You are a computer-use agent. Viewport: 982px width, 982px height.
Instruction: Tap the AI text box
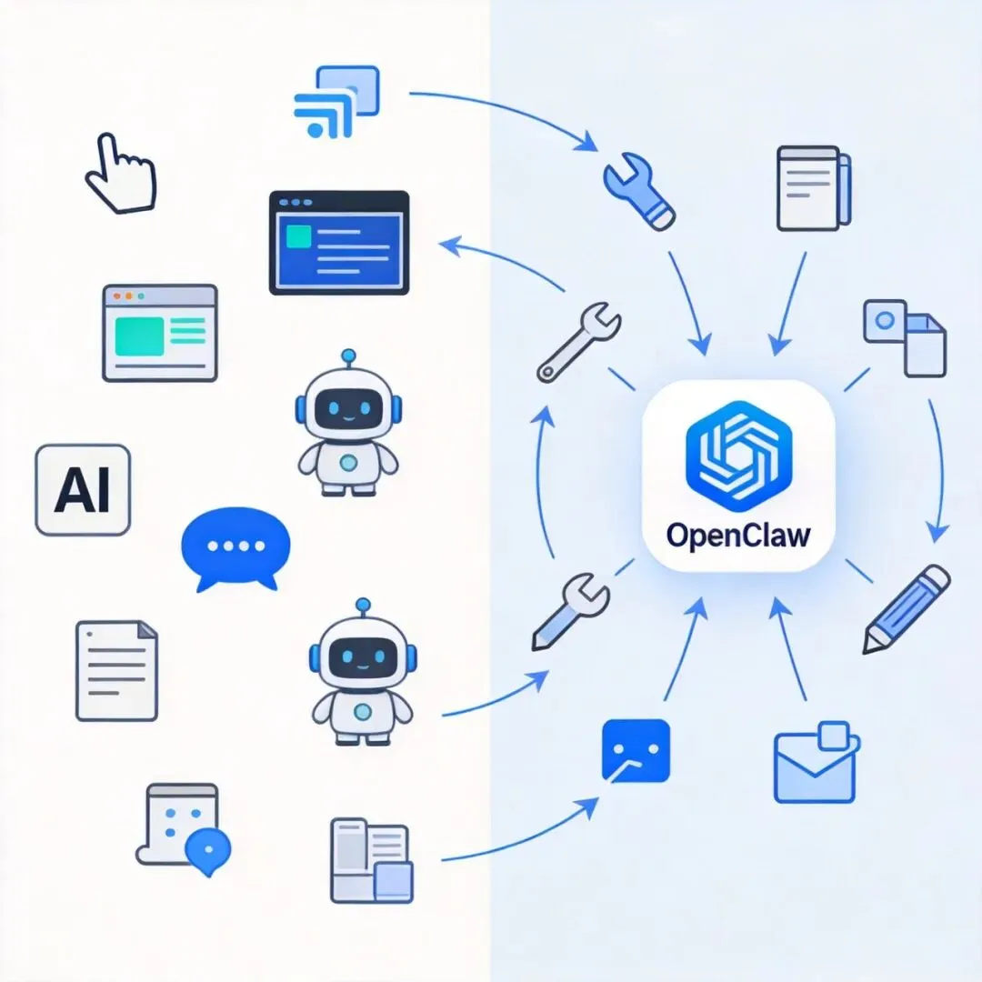tap(83, 490)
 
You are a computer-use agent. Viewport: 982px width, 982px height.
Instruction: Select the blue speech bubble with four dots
tap(235, 546)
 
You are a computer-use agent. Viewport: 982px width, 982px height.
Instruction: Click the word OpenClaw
tap(737, 535)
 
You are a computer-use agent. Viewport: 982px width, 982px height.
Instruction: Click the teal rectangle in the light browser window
tap(138, 336)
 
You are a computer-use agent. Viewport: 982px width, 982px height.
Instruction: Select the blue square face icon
tap(636, 750)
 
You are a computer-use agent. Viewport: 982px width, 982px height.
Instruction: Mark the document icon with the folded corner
tap(116, 670)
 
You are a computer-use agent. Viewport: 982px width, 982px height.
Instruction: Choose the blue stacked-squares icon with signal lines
tap(336, 102)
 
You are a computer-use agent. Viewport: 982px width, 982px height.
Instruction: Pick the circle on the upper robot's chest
tap(348, 463)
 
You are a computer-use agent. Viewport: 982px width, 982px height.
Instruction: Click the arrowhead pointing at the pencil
tap(937, 530)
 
